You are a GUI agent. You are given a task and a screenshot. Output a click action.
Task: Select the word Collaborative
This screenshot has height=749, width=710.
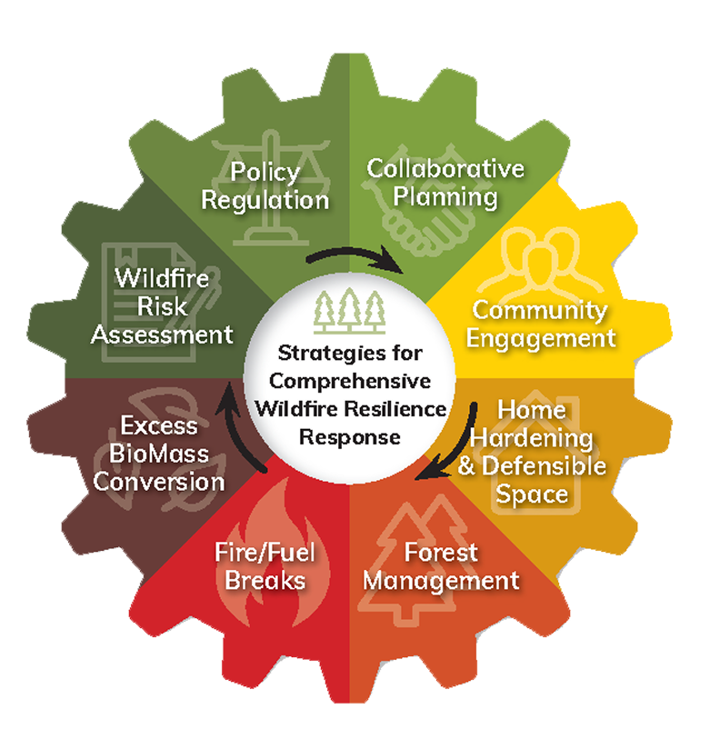click(445, 168)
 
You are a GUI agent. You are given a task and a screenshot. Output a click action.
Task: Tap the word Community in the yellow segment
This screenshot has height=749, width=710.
click(539, 310)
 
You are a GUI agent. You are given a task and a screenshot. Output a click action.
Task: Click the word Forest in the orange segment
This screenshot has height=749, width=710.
click(441, 552)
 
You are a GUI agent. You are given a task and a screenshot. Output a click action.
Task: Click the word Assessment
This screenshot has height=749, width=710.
click(162, 334)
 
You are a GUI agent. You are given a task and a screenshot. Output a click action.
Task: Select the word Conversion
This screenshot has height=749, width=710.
click(158, 481)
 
